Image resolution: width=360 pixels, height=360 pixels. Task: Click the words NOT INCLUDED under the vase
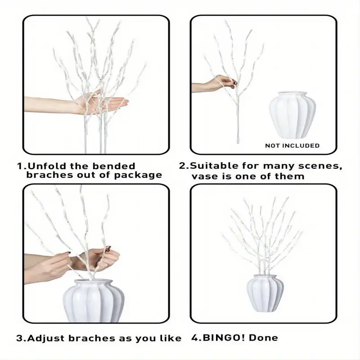(x=292, y=145)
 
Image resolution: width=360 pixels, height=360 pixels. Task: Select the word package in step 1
(x=138, y=175)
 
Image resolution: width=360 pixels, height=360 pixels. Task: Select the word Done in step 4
(x=263, y=338)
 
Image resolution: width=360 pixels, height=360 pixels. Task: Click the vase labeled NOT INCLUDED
(x=292, y=115)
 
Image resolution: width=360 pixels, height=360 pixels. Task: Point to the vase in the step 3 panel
(x=94, y=301)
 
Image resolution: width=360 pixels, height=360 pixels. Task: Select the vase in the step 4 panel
(x=265, y=293)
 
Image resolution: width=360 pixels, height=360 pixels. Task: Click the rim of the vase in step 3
(x=94, y=282)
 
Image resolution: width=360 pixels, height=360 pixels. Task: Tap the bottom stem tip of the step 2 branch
(x=238, y=143)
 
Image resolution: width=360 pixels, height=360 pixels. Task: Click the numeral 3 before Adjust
(x=19, y=338)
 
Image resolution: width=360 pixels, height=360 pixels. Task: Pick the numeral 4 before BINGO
(x=195, y=338)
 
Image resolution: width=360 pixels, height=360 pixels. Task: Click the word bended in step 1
(x=114, y=166)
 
